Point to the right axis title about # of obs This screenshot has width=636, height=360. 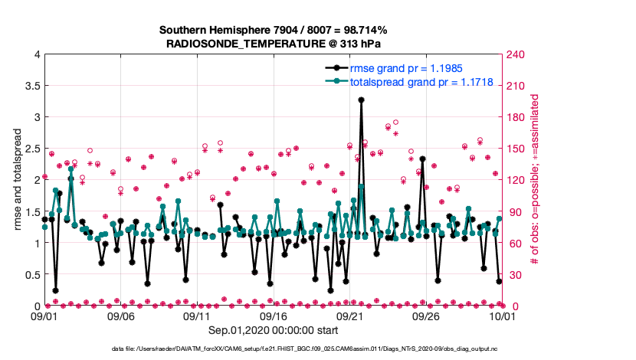click(534, 180)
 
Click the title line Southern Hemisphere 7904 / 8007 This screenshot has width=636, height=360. click(273, 30)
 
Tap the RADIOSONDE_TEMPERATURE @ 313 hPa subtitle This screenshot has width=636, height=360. click(273, 43)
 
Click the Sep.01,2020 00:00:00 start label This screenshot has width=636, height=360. click(273, 332)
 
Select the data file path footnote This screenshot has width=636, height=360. click(273, 349)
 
